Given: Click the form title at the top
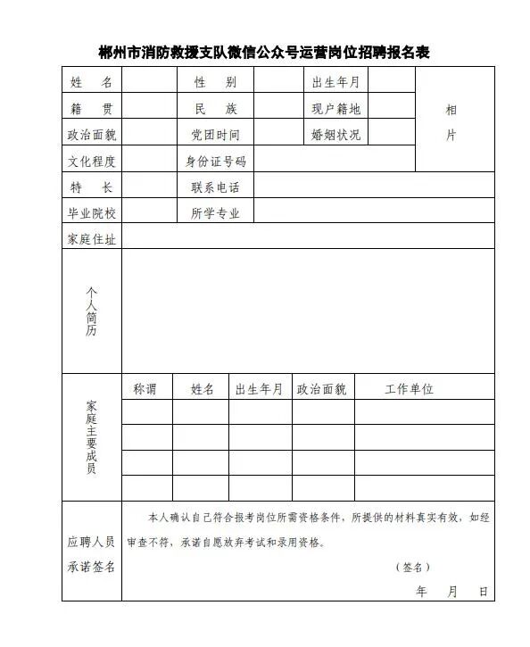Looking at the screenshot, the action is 264,52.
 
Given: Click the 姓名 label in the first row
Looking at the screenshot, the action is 91,83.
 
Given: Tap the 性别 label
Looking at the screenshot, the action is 215,83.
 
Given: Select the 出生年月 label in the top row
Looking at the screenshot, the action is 335,83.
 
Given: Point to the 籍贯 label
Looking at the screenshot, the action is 91,109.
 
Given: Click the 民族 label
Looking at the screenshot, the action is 215,109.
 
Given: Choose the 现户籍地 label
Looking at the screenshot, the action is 335,109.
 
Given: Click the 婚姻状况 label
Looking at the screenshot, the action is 335,135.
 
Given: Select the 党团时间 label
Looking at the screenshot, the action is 215,135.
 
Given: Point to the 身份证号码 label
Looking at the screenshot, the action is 215,162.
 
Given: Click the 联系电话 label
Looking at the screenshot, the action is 215,187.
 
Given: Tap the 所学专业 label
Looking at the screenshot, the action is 215,213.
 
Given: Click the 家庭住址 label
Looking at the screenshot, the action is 91,239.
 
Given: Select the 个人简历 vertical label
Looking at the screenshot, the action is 91,311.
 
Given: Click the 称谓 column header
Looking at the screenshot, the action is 145,389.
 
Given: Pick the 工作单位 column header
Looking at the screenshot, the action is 409,389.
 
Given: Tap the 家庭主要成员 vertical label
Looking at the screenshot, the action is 91,437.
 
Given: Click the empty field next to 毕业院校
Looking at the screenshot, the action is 148,213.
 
